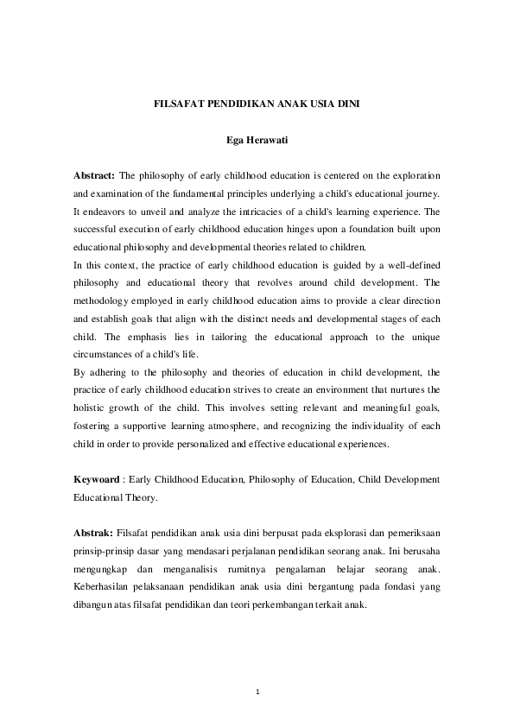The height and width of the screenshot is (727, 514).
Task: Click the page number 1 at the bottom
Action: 257,691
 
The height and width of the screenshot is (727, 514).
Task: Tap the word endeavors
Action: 108,212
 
